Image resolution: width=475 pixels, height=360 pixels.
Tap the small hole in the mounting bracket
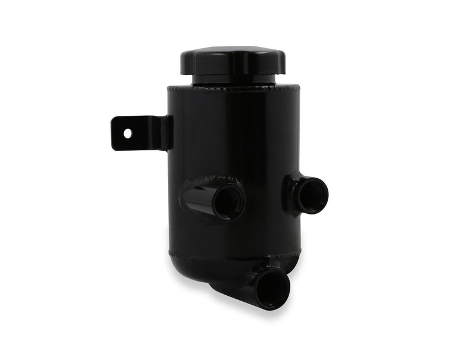(128, 133)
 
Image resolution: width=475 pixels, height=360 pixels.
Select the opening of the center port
(228, 202)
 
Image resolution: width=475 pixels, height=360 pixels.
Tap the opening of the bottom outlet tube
(273, 287)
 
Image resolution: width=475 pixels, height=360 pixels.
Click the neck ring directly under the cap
(233, 80)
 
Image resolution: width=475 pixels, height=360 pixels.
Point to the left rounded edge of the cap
(184, 61)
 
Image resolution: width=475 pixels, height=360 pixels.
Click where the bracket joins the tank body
(169, 132)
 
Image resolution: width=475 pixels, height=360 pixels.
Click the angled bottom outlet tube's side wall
(237, 290)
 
